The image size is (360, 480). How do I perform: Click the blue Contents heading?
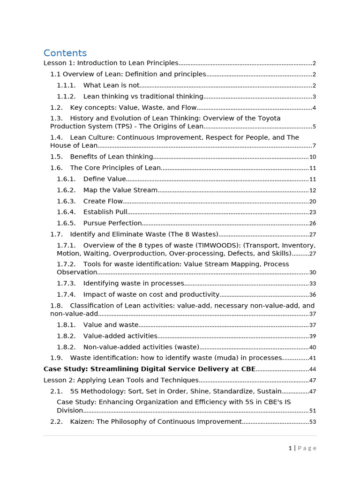click(65, 53)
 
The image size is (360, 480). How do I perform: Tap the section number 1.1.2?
click(66, 97)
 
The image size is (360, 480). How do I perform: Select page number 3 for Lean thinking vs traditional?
click(314, 97)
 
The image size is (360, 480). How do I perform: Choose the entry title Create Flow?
click(103, 201)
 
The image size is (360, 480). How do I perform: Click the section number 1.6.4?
click(66, 212)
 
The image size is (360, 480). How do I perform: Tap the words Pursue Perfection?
click(112, 223)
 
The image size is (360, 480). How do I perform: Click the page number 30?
click(313, 273)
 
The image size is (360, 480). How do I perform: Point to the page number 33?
click(313, 284)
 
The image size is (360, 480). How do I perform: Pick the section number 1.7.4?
click(66, 295)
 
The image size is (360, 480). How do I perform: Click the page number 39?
click(313, 336)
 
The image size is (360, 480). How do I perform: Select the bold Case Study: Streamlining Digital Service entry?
click(150, 369)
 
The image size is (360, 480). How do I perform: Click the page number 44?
click(313, 370)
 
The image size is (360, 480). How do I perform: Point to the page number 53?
click(313, 422)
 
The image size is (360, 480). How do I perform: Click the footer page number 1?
click(290, 448)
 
